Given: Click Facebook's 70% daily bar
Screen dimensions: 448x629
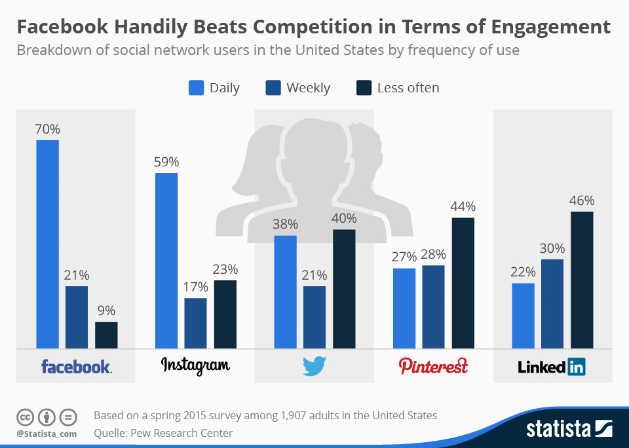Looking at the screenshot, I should pyautogui.click(x=47, y=244).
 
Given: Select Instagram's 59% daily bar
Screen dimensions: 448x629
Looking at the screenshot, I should pyautogui.click(x=166, y=260).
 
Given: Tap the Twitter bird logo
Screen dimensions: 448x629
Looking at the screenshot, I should pyautogui.click(x=314, y=366).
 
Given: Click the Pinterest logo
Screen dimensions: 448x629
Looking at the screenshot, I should pyautogui.click(x=433, y=365).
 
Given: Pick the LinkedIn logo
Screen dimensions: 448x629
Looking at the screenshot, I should pyautogui.click(x=552, y=366).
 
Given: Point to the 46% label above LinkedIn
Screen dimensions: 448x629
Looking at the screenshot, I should pyautogui.click(x=582, y=200).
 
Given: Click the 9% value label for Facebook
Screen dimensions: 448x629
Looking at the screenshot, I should pyautogui.click(x=106, y=311).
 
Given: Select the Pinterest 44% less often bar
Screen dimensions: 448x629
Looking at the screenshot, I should pyautogui.click(x=463, y=283).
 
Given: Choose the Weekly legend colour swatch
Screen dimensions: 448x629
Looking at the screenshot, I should pyautogui.click(x=273, y=88).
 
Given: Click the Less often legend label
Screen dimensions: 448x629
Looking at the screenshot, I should pyautogui.click(x=408, y=88).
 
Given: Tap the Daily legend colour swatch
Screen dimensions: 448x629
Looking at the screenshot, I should pyautogui.click(x=196, y=88).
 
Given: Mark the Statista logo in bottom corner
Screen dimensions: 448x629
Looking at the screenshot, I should pyautogui.click(x=569, y=429).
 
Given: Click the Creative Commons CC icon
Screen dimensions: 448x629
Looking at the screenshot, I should pyautogui.click(x=26, y=417).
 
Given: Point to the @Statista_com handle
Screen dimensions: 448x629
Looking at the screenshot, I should pyautogui.click(x=47, y=433).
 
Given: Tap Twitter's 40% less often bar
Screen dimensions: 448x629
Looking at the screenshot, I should pyautogui.click(x=344, y=289).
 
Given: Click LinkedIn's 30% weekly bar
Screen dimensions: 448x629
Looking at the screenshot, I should pyautogui.click(x=552, y=304).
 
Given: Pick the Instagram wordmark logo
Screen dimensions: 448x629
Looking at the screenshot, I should pyautogui.click(x=195, y=365).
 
